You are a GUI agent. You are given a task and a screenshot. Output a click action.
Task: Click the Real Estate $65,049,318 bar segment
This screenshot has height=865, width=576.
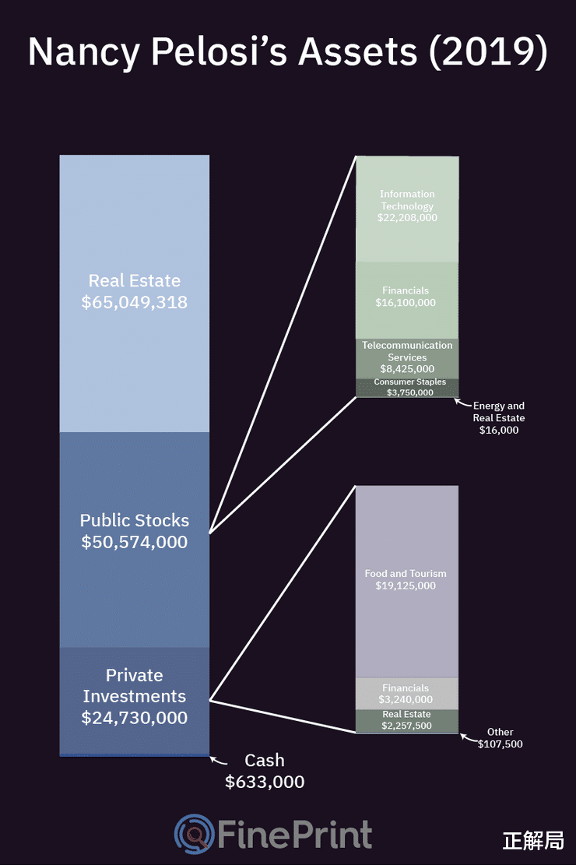tap(134, 294)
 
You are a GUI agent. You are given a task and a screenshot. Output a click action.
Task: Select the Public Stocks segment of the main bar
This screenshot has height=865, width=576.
tap(134, 540)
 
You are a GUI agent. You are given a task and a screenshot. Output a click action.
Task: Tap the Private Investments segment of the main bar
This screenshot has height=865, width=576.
tap(134, 700)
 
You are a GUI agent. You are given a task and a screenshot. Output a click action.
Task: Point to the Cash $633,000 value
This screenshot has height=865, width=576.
tap(265, 782)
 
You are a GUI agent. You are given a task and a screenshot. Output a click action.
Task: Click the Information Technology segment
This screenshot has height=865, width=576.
tap(407, 209)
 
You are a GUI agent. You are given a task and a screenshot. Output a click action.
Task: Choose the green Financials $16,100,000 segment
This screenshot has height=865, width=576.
tap(407, 300)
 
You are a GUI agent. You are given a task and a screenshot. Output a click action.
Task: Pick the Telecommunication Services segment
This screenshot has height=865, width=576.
tap(407, 359)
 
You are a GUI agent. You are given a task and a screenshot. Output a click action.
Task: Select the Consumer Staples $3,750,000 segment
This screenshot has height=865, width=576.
tap(407, 388)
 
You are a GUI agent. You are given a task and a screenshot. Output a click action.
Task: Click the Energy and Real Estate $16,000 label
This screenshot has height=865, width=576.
tap(499, 417)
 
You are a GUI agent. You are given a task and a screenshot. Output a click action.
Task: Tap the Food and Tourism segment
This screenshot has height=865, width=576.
tap(406, 582)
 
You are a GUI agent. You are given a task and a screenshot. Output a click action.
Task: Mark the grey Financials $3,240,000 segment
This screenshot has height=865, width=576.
tap(406, 694)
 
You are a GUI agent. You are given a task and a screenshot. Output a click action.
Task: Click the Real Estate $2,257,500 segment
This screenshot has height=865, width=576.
tap(406, 721)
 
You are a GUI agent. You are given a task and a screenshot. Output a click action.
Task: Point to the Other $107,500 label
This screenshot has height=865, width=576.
tap(500, 738)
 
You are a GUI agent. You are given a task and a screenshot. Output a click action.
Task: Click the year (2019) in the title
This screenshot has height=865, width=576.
tap(487, 52)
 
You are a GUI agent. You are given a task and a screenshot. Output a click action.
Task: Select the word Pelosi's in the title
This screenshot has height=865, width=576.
tap(219, 51)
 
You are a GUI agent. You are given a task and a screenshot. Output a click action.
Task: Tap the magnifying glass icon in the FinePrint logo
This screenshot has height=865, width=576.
tap(195, 834)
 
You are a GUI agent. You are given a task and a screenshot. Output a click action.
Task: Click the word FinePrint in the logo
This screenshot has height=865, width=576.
tap(295, 834)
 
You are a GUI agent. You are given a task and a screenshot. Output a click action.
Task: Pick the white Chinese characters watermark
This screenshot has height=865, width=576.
tap(533, 841)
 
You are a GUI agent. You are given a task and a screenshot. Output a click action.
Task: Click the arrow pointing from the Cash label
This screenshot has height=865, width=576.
tap(219, 761)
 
